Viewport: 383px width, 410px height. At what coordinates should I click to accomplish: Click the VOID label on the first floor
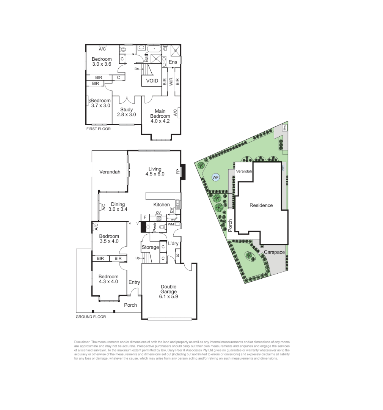pyautogui.click(x=152, y=81)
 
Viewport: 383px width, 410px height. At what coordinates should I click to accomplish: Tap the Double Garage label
pyautogui.click(x=169, y=292)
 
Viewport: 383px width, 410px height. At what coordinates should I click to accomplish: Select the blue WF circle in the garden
pyautogui.click(x=215, y=177)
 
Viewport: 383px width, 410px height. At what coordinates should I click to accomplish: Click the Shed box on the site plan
pyautogui.click(x=284, y=128)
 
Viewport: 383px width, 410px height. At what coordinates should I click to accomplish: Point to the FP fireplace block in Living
pyautogui.click(x=183, y=172)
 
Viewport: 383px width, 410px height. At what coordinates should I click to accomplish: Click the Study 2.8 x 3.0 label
pyautogui.click(x=126, y=112)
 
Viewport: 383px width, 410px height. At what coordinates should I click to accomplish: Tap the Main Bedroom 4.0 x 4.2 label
pyautogui.click(x=160, y=114)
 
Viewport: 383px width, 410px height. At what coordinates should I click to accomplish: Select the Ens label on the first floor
pyautogui.click(x=173, y=62)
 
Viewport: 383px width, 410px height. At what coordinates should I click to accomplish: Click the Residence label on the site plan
pyautogui.click(x=261, y=205)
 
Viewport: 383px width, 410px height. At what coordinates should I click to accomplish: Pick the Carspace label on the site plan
pyautogui.click(x=272, y=252)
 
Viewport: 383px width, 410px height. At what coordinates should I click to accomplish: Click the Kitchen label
pyautogui.click(x=162, y=205)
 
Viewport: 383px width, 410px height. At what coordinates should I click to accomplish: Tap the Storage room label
pyautogui.click(x=150, y=248)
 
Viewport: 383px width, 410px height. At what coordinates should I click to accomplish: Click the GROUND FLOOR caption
pyautogui.click(x=91, y=317)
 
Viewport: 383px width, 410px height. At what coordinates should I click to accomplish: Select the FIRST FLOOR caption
pyautogui.click(x=98, y=129)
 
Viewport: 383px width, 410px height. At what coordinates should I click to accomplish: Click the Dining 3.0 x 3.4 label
pyautogui.click(x=118, y=207)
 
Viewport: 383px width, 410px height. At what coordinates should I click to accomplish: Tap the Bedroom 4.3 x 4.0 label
pyautogui.click(x=108, y=279)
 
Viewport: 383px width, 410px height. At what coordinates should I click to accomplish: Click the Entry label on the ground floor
pyautogui.click(x=134, y=282)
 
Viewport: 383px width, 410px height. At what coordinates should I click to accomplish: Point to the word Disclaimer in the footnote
pyautogui.click(x=82, y=342)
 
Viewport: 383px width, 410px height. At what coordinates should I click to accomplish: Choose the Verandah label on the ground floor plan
pyautogui.click(x=110, y=172)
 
